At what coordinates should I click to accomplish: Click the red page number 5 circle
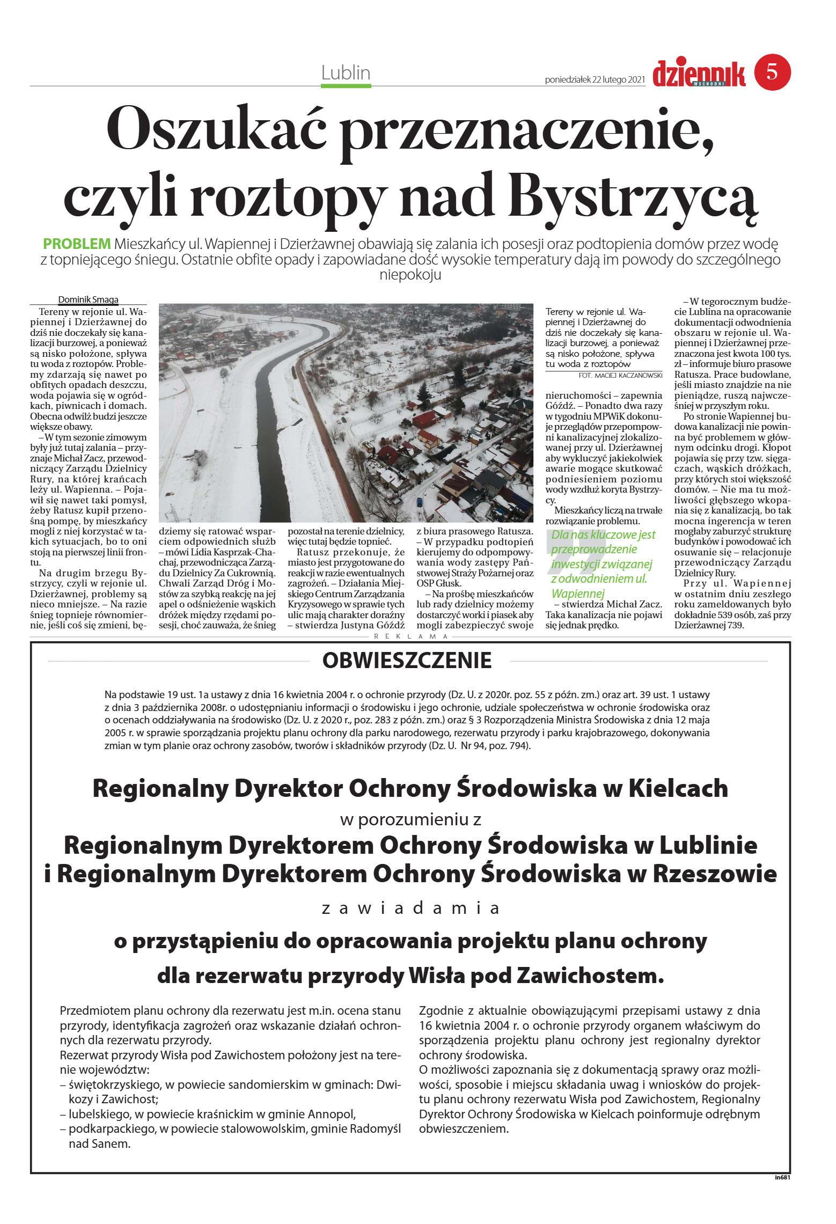[772, 72]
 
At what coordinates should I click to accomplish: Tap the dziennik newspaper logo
[699, 74]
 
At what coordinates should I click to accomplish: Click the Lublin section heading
[346, 72]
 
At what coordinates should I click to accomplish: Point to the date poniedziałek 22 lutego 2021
[595, 80]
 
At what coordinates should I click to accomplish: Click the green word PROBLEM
[77, 244]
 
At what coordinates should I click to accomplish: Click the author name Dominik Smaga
[88, 300]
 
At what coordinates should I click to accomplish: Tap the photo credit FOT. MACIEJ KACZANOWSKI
[620, 375]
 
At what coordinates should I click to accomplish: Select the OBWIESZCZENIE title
[407, 661]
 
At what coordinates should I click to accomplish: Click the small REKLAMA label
[411, 636]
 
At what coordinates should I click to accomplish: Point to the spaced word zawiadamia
[410, 908]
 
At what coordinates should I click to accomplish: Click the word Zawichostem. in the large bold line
[590, 976]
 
